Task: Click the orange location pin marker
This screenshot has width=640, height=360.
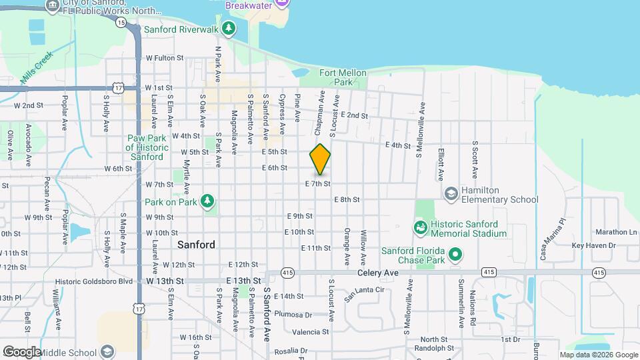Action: point(320,159)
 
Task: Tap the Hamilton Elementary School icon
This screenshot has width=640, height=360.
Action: point(451,193)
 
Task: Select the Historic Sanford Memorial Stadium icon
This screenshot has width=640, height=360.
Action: point(421,228)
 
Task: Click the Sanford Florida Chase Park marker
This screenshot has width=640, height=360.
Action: point(455,253)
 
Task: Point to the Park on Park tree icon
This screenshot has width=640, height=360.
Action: point(208,200)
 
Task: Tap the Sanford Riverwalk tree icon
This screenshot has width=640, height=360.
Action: point(229,28)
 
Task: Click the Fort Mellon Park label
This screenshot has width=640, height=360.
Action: point(335,77)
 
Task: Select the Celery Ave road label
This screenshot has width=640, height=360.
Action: point(377,273)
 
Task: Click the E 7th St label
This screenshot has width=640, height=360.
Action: point(318,183)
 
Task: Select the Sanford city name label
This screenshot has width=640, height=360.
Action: point(196,245)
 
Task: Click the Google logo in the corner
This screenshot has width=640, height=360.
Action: point(21,351)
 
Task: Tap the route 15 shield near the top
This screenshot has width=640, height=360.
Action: point(120,22)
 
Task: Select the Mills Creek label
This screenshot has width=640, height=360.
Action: point(36,70)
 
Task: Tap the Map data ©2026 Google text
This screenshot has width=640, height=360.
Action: point(598,355)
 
